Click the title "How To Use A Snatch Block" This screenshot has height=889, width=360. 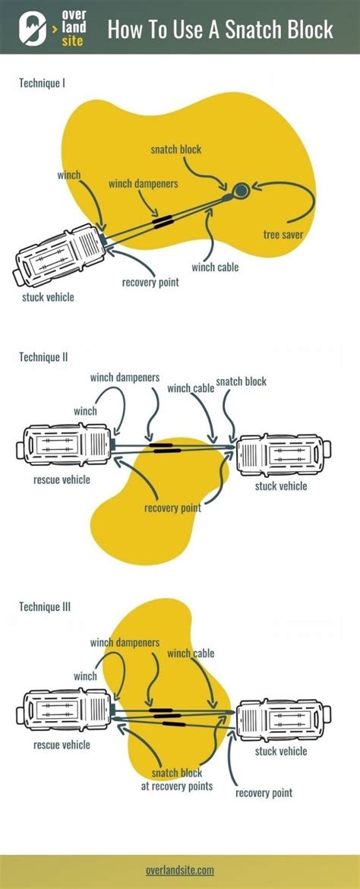coord(220,29)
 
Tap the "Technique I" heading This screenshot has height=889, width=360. coord(42,83)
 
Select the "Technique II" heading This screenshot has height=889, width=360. coord(43,356)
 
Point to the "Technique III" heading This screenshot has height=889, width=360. coord(45,606)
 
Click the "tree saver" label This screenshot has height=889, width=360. coord(283,234)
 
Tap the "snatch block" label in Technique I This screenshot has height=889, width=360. coord(175,150)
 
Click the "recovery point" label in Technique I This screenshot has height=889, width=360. coord(150,283)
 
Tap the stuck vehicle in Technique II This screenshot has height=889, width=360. coord(281,454)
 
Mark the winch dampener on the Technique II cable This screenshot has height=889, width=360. coord(164,449)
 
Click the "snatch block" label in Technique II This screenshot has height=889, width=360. coord(242,381)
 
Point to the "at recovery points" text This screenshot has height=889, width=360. coord(176,786)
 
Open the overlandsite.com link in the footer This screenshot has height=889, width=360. coord(180,870)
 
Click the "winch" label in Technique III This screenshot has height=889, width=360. coord(85,675)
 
